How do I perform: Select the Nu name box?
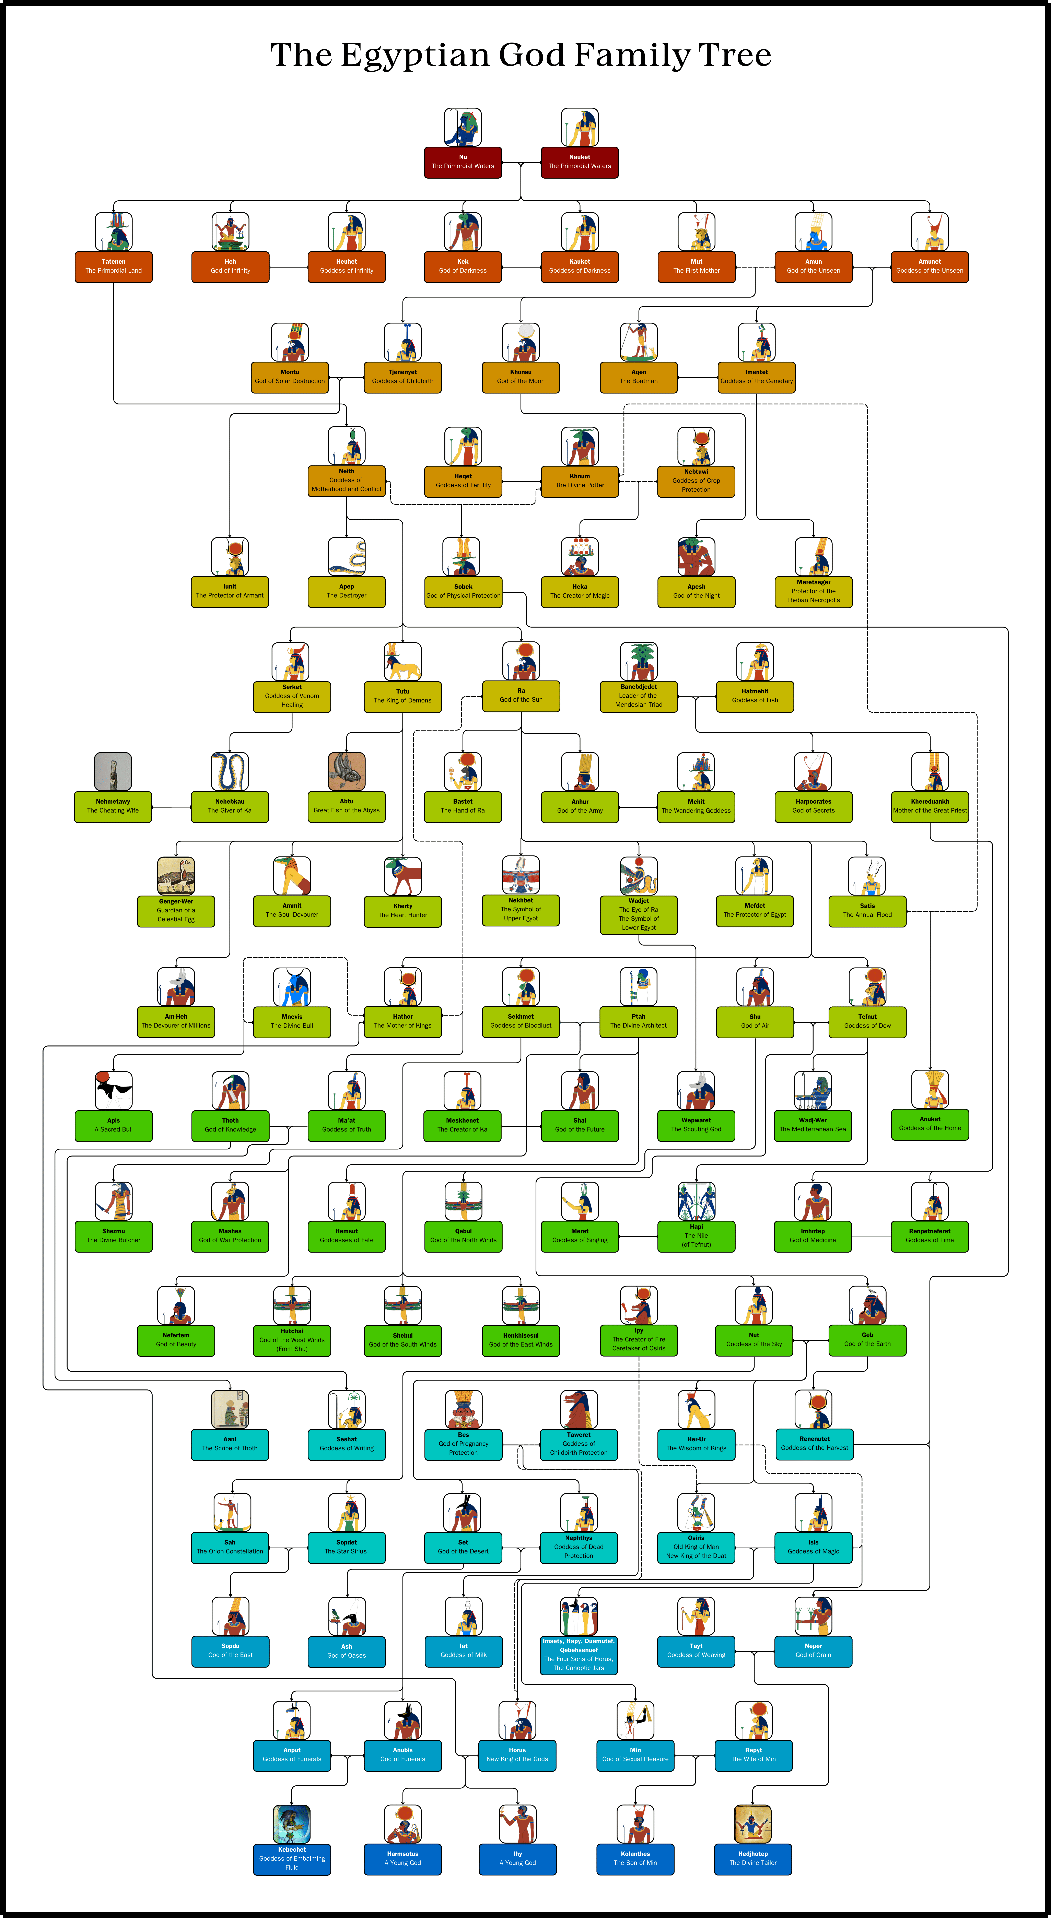(x=463, y=162)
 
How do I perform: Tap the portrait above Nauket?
(x=580, y=127)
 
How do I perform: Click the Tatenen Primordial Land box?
(x=113, y=267)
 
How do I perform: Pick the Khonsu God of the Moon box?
(x=521, y=377)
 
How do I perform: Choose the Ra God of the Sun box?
(x=521, y=695)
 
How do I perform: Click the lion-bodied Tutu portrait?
(x=402, y=661)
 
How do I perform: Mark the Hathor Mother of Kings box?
(x=402, y=1021)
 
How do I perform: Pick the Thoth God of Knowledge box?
(x=230, y=1125)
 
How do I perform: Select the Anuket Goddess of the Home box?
(x=930, y=1124)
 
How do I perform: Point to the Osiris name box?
(x=696, y=1547)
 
